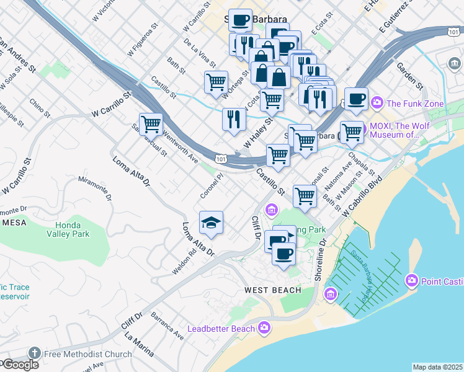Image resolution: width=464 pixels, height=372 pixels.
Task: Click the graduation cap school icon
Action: pos(211,223)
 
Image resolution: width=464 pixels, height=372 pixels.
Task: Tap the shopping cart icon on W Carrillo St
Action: pos(151,124)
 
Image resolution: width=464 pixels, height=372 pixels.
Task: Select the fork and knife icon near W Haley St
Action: pos(233,118)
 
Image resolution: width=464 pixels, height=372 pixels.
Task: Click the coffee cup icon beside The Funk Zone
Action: pos(356,99)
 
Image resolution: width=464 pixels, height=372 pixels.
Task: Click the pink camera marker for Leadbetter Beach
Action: pos(265,326)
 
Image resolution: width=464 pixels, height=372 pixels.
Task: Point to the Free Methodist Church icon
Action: pos(34,354)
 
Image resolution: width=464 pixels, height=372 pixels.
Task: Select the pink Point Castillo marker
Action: pos(411,281)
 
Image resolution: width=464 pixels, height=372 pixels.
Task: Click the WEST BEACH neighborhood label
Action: pos(272,290)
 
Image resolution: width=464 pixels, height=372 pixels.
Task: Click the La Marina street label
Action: pos(139,345)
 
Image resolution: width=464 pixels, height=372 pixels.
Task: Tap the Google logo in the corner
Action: pos(20,365)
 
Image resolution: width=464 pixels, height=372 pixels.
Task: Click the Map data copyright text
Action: pos(437,367)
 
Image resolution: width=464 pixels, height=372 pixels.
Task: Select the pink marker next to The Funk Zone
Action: pos(377,102)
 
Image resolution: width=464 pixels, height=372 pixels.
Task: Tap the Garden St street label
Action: pos(409,76)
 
